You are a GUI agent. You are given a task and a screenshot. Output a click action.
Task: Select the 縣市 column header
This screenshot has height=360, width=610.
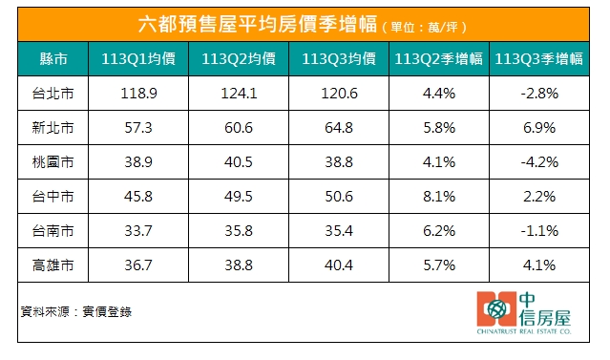pos(53,60)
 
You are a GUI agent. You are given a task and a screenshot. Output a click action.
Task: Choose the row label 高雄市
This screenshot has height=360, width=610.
pos(53,264)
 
